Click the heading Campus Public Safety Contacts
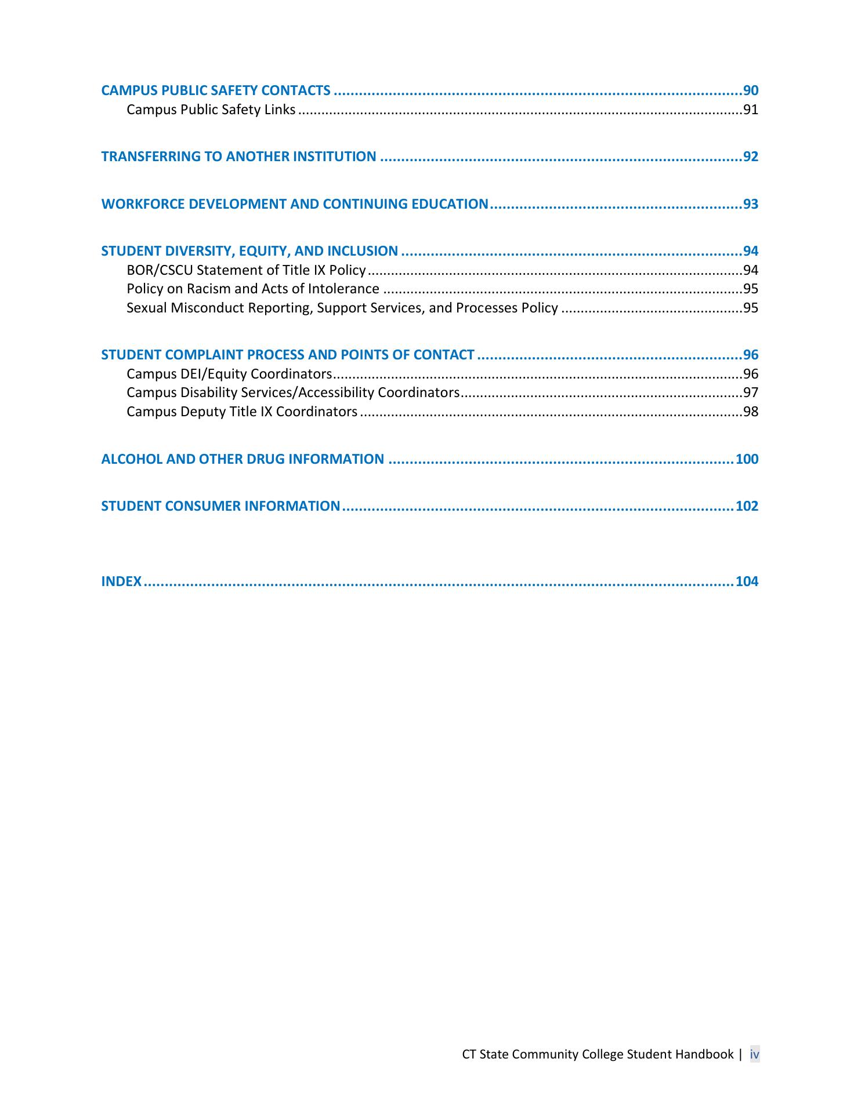(x=216, y=90)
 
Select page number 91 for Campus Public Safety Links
(x=751, y=110)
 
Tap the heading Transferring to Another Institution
(x=238, y=157)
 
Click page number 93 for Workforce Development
(x=751, y=204)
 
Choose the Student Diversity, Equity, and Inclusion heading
(x=249, y=251)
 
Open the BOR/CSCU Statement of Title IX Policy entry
(x=246, y=270)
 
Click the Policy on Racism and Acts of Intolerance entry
(x=253, y=289)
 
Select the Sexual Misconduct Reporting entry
(x=342, y=308)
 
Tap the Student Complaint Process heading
(x=288, y=355)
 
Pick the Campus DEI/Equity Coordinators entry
(x=229, y=374)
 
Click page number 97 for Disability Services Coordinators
(x=751, y=392)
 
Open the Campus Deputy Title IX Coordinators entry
(x=242, y=412)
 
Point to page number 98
(x=751, y=412)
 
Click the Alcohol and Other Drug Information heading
(x=243, y=459)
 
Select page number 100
(x=747, y=459)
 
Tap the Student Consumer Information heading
(x=220, y=506)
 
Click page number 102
(x=747, y=506)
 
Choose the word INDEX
(x=121, y=581)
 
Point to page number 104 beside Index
(x=747, y=581)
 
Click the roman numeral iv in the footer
(x=754, y=1054)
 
